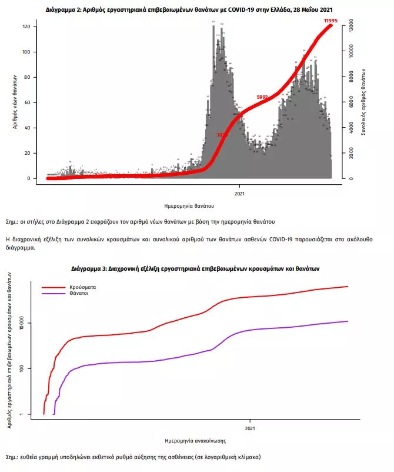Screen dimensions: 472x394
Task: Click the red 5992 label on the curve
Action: (262, 97)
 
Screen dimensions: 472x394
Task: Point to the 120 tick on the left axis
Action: (34, 27)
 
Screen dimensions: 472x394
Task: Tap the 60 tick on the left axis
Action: (35, 102)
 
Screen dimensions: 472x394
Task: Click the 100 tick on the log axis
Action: (36, 368)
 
